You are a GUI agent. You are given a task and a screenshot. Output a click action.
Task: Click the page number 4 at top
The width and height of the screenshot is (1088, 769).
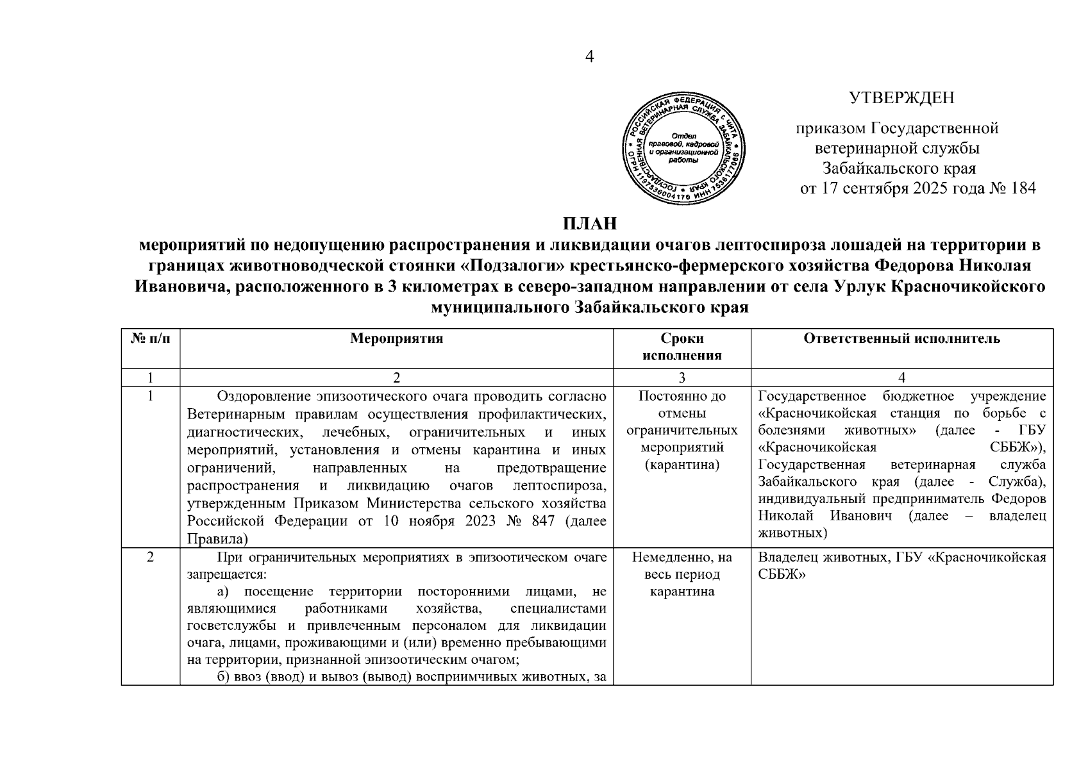click(590, 57)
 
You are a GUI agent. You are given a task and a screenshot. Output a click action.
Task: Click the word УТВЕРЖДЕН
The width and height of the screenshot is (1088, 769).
click(901, 98)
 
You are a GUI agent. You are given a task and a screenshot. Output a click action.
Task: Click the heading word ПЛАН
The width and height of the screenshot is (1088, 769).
click(589, 224)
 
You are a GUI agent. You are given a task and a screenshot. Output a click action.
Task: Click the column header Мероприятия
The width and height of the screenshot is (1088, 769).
click(397, 339)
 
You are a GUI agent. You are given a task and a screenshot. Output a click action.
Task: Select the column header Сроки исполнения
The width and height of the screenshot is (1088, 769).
click(682, 347)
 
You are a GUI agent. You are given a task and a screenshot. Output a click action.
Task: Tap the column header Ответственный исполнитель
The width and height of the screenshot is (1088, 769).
click(901, 339)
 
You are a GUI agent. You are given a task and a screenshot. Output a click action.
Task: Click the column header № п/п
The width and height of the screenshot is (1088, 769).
click(151, 339)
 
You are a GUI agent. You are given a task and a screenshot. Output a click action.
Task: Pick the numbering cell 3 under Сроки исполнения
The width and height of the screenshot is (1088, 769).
click(682, 378)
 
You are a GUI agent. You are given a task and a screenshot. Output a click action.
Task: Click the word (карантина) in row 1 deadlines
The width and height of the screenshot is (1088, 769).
click(682, 463)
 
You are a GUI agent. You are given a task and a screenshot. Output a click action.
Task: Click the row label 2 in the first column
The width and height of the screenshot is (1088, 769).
click(150, 558)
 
